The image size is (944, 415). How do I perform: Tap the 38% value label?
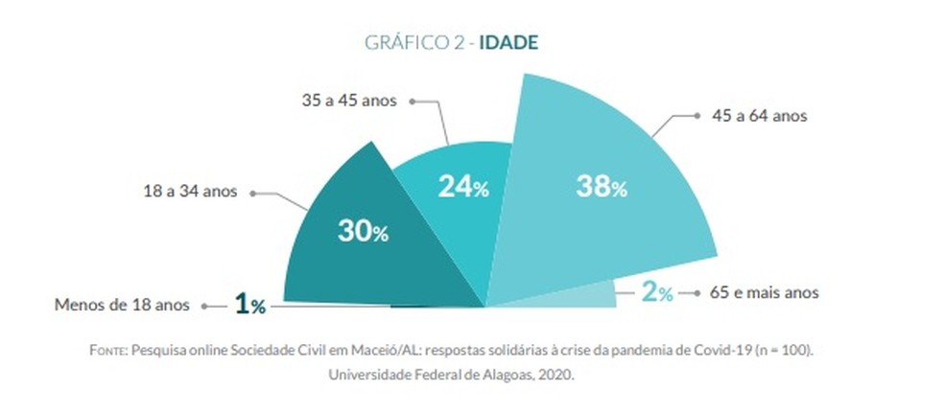click(602, 186)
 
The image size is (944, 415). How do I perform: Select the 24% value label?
click(464, 187)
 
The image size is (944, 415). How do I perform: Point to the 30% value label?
click(363, 230)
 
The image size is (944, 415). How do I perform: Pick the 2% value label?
click(657, 293)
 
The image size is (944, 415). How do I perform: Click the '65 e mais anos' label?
click(764, 292)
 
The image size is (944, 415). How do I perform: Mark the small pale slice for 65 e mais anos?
click(566, 296)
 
